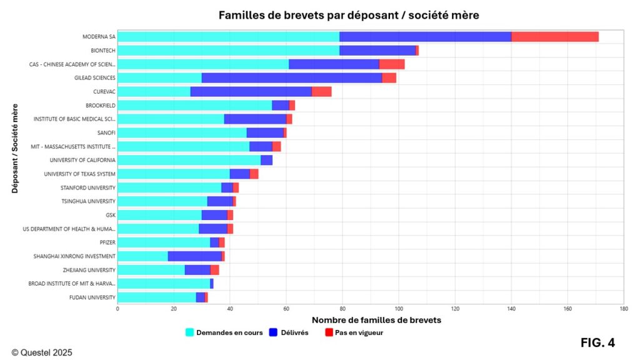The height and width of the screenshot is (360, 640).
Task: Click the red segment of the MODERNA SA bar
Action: [x=555, y=37]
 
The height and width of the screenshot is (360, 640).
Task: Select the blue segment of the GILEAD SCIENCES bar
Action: [x=292, y=78]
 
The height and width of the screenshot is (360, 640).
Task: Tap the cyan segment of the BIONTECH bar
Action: [x=228, y=51]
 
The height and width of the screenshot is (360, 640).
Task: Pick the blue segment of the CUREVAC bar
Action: [x=251, y=92]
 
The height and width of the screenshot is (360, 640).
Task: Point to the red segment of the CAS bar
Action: [x=392, y=64]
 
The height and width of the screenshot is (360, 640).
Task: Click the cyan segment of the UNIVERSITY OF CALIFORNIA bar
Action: [x=189, y=160]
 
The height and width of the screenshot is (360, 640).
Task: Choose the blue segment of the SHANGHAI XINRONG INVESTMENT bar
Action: [x=195, y=256]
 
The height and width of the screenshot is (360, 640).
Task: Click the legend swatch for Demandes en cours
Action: [x=190, y=332]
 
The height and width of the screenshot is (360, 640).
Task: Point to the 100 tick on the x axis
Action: [x=399, y=309]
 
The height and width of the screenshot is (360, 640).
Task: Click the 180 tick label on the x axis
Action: [x=624, y=309]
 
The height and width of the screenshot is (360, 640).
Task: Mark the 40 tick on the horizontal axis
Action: [x=230, y=309]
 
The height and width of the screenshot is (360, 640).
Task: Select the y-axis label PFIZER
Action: [x=106, y=242]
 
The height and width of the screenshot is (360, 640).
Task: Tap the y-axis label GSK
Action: [x=110, y=215]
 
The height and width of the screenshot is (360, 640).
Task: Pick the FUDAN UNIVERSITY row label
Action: [x=92, y=297]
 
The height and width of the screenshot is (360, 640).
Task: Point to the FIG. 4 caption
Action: [x=597, y=342]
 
